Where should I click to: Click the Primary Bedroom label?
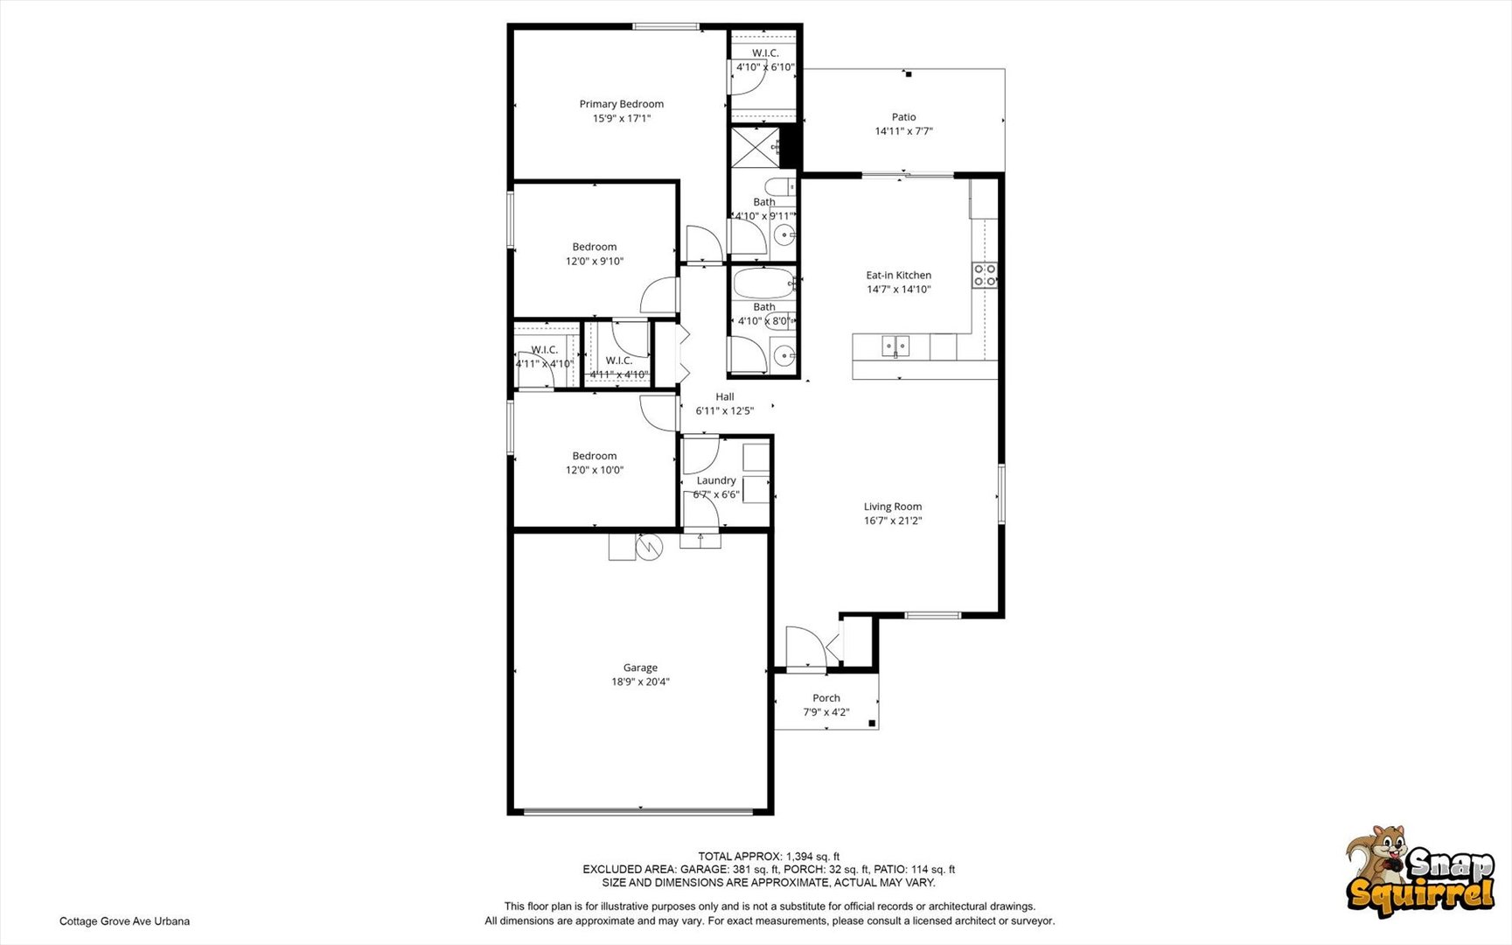click(x=621, y=104)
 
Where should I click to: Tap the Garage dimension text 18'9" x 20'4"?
click(x=640, y=682)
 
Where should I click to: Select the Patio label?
click(x=903, y=117)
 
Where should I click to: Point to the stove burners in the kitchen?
click(x=985, y=275)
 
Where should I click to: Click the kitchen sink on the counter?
click(x=895, y=346)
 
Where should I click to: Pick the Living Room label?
click(x=893, y=507)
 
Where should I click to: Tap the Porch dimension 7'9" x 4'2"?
click(x=826, y=712)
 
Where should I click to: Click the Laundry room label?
click(x=716, y=480)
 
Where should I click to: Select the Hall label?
click(x=725, y=396)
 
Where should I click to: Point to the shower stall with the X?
click(x=755, y=147)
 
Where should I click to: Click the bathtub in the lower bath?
click(x=763, y=283)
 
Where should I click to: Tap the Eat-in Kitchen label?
click(x=899, y=275)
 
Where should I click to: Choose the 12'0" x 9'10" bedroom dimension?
click(x=595, y=261)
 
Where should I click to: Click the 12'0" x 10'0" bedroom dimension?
click(x=595, y=470)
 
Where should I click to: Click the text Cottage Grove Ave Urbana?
click(x=124, y=921)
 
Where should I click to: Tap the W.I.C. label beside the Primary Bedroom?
click(x=765, y=53)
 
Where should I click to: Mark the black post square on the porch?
click(x=872, y=723)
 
